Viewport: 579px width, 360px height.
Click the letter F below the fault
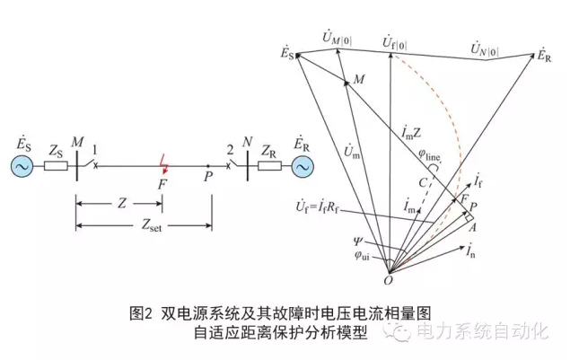tap(162, 184)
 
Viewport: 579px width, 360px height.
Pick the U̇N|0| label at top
tap(487, 44)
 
